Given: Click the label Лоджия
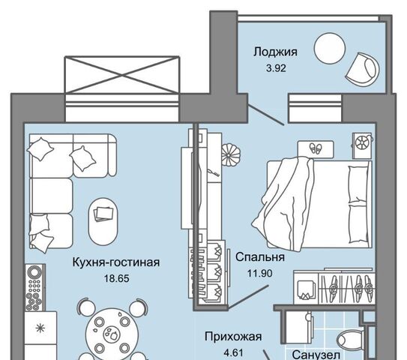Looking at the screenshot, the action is (275, 52).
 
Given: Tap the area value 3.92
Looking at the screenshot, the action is (276, 68).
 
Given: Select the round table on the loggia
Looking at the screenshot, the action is (329, 48).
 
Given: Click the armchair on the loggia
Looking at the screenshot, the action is (362, 68).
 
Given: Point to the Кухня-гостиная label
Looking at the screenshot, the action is (115, 262).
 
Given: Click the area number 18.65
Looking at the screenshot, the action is (116, 279).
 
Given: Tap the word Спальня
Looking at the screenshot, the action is (260, 257).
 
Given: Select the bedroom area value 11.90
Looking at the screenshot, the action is (260, 274).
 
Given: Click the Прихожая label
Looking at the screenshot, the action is (233, 337).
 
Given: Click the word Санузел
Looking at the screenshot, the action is (316, 355).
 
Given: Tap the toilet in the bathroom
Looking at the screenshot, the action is (351, 340).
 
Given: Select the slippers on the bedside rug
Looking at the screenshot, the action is (316, 148).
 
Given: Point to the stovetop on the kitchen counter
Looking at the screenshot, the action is (35, 287).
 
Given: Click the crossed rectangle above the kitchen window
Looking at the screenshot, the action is (121, 74).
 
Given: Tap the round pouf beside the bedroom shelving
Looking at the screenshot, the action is (231, 155).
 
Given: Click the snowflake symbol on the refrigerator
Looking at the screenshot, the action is (40, 328).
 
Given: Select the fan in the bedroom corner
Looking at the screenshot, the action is (362, 145).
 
